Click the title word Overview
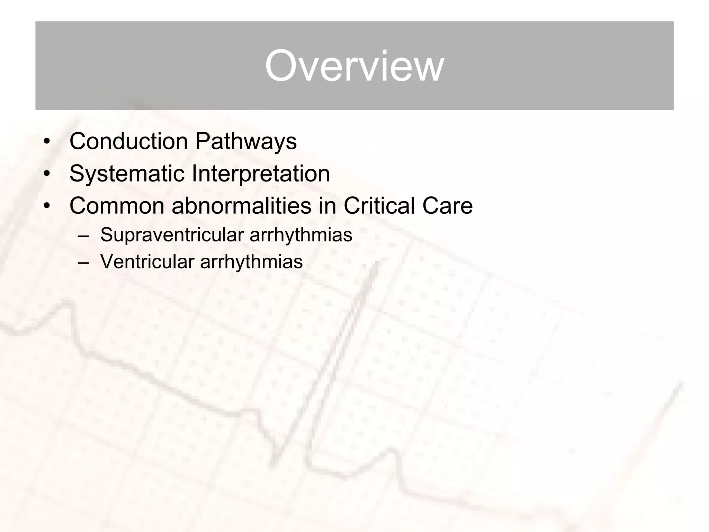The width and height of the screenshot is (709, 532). click(354, 66)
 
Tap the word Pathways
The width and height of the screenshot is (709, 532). click(246, 142)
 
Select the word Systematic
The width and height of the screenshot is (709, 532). click(127, 174)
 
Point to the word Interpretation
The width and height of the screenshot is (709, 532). click(260, 174)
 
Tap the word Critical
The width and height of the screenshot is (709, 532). click(379, 206)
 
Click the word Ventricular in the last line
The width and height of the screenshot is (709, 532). click(147, 261)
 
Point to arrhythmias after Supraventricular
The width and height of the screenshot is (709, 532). click(300, 235)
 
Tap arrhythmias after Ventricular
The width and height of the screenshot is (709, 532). click(251, 261)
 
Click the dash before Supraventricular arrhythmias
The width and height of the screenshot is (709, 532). click(83, 236)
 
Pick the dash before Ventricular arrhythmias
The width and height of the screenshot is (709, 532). click(83, 263)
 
